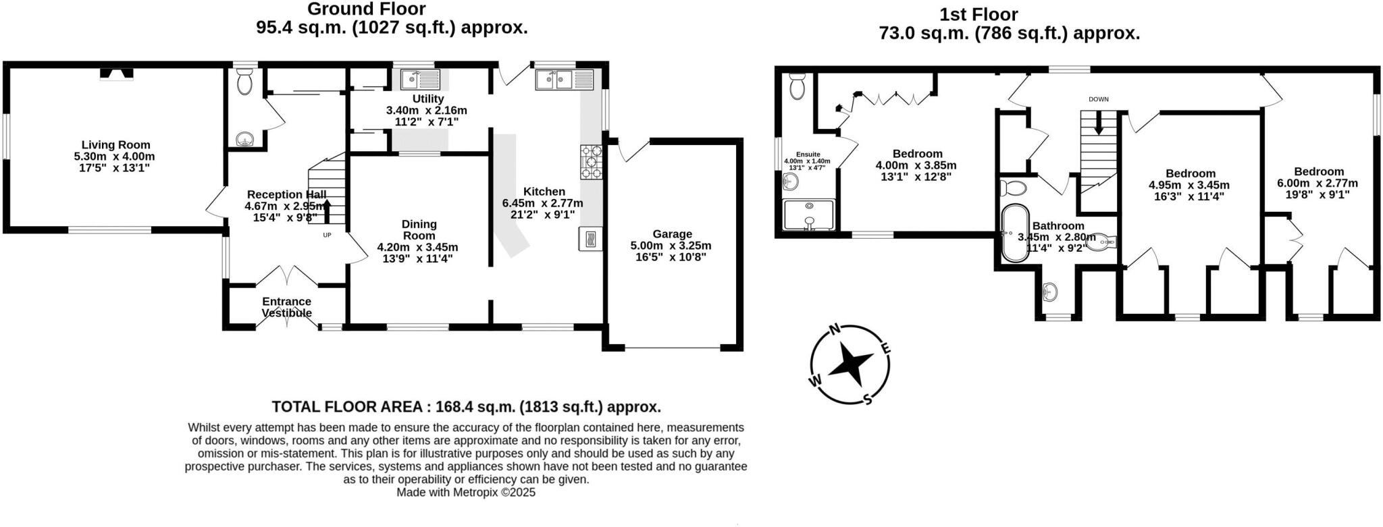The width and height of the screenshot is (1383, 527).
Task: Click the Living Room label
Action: (x=115, y=145)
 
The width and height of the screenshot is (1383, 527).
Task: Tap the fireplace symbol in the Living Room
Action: (x=117, y=74)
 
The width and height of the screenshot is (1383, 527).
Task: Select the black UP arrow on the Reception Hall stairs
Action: (x=328, y=211)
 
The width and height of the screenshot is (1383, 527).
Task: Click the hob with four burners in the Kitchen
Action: (x=591, y=163)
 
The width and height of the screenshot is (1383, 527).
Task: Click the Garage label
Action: (x=671, y=234)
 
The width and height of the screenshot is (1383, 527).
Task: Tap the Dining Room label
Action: (x=419, y=229)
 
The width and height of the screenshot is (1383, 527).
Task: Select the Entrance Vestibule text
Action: (x=286, y=307)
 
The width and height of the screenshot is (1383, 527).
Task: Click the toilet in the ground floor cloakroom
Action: (x=244, y=83)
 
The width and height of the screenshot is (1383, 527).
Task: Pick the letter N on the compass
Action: (x=834, y=329)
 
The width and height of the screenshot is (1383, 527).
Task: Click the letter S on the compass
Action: (x=868, y=399)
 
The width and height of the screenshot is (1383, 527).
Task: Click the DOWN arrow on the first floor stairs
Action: (x=1099, y=123)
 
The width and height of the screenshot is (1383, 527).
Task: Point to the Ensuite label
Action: (x=808, y=155)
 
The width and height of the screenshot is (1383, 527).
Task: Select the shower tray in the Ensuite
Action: (x=809, y=214)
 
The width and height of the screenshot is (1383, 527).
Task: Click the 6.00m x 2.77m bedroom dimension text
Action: (x=1317, y=183)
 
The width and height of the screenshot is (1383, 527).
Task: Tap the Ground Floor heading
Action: (x=367, y=9)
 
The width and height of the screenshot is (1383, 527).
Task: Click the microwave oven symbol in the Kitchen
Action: (x=590, y=239)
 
